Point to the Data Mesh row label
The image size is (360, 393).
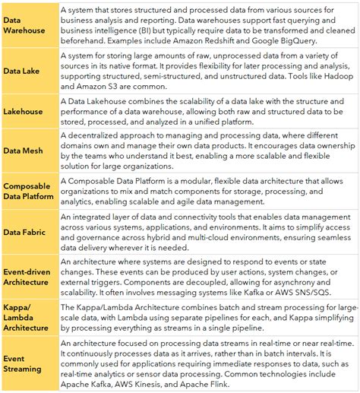click(x=24, y=151)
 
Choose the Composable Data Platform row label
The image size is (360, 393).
click(x=29, y=191)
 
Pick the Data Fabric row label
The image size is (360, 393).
click(x=25, y=231)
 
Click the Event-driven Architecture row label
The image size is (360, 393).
click(x=29, y=277)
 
